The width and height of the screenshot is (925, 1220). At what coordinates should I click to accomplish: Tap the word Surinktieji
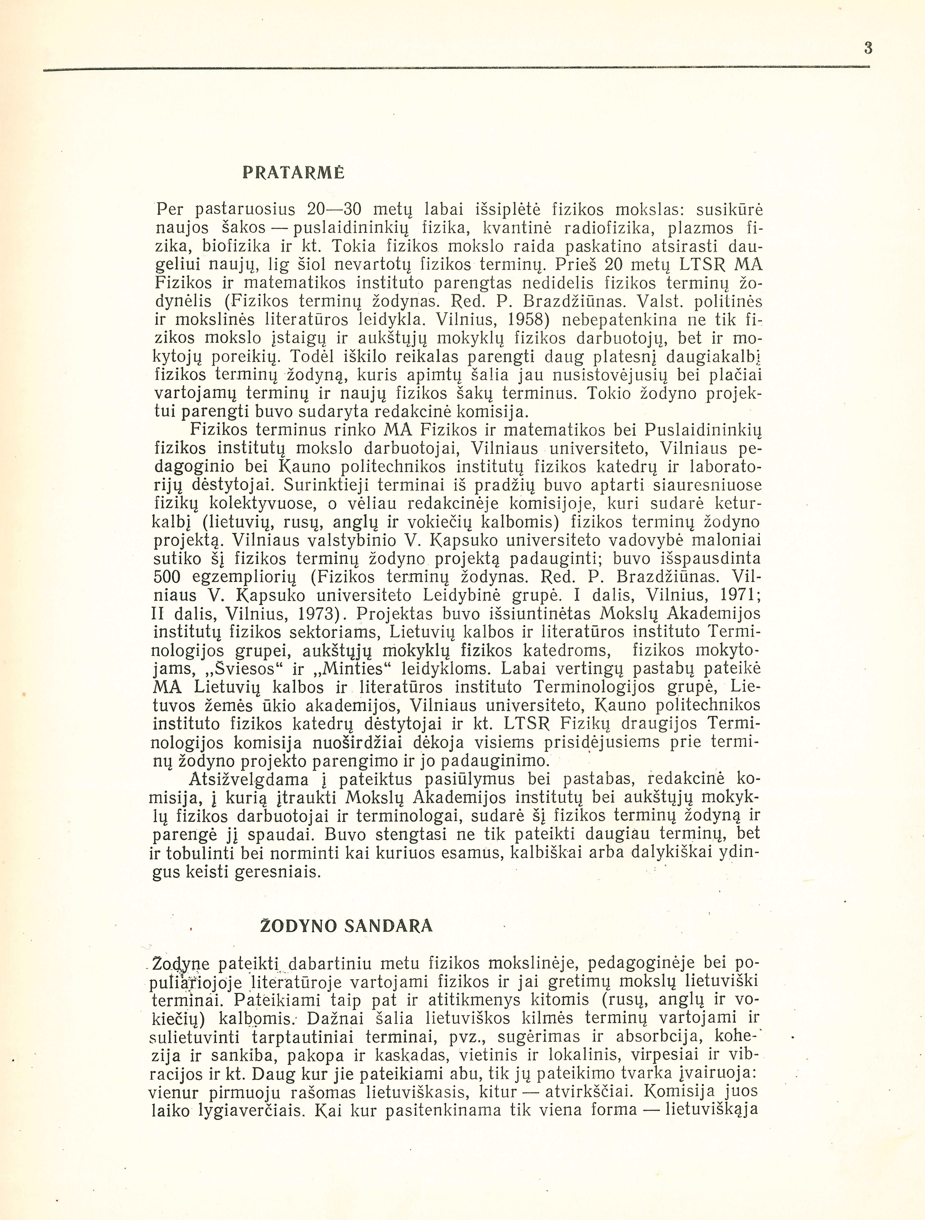(x=331, y=485)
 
